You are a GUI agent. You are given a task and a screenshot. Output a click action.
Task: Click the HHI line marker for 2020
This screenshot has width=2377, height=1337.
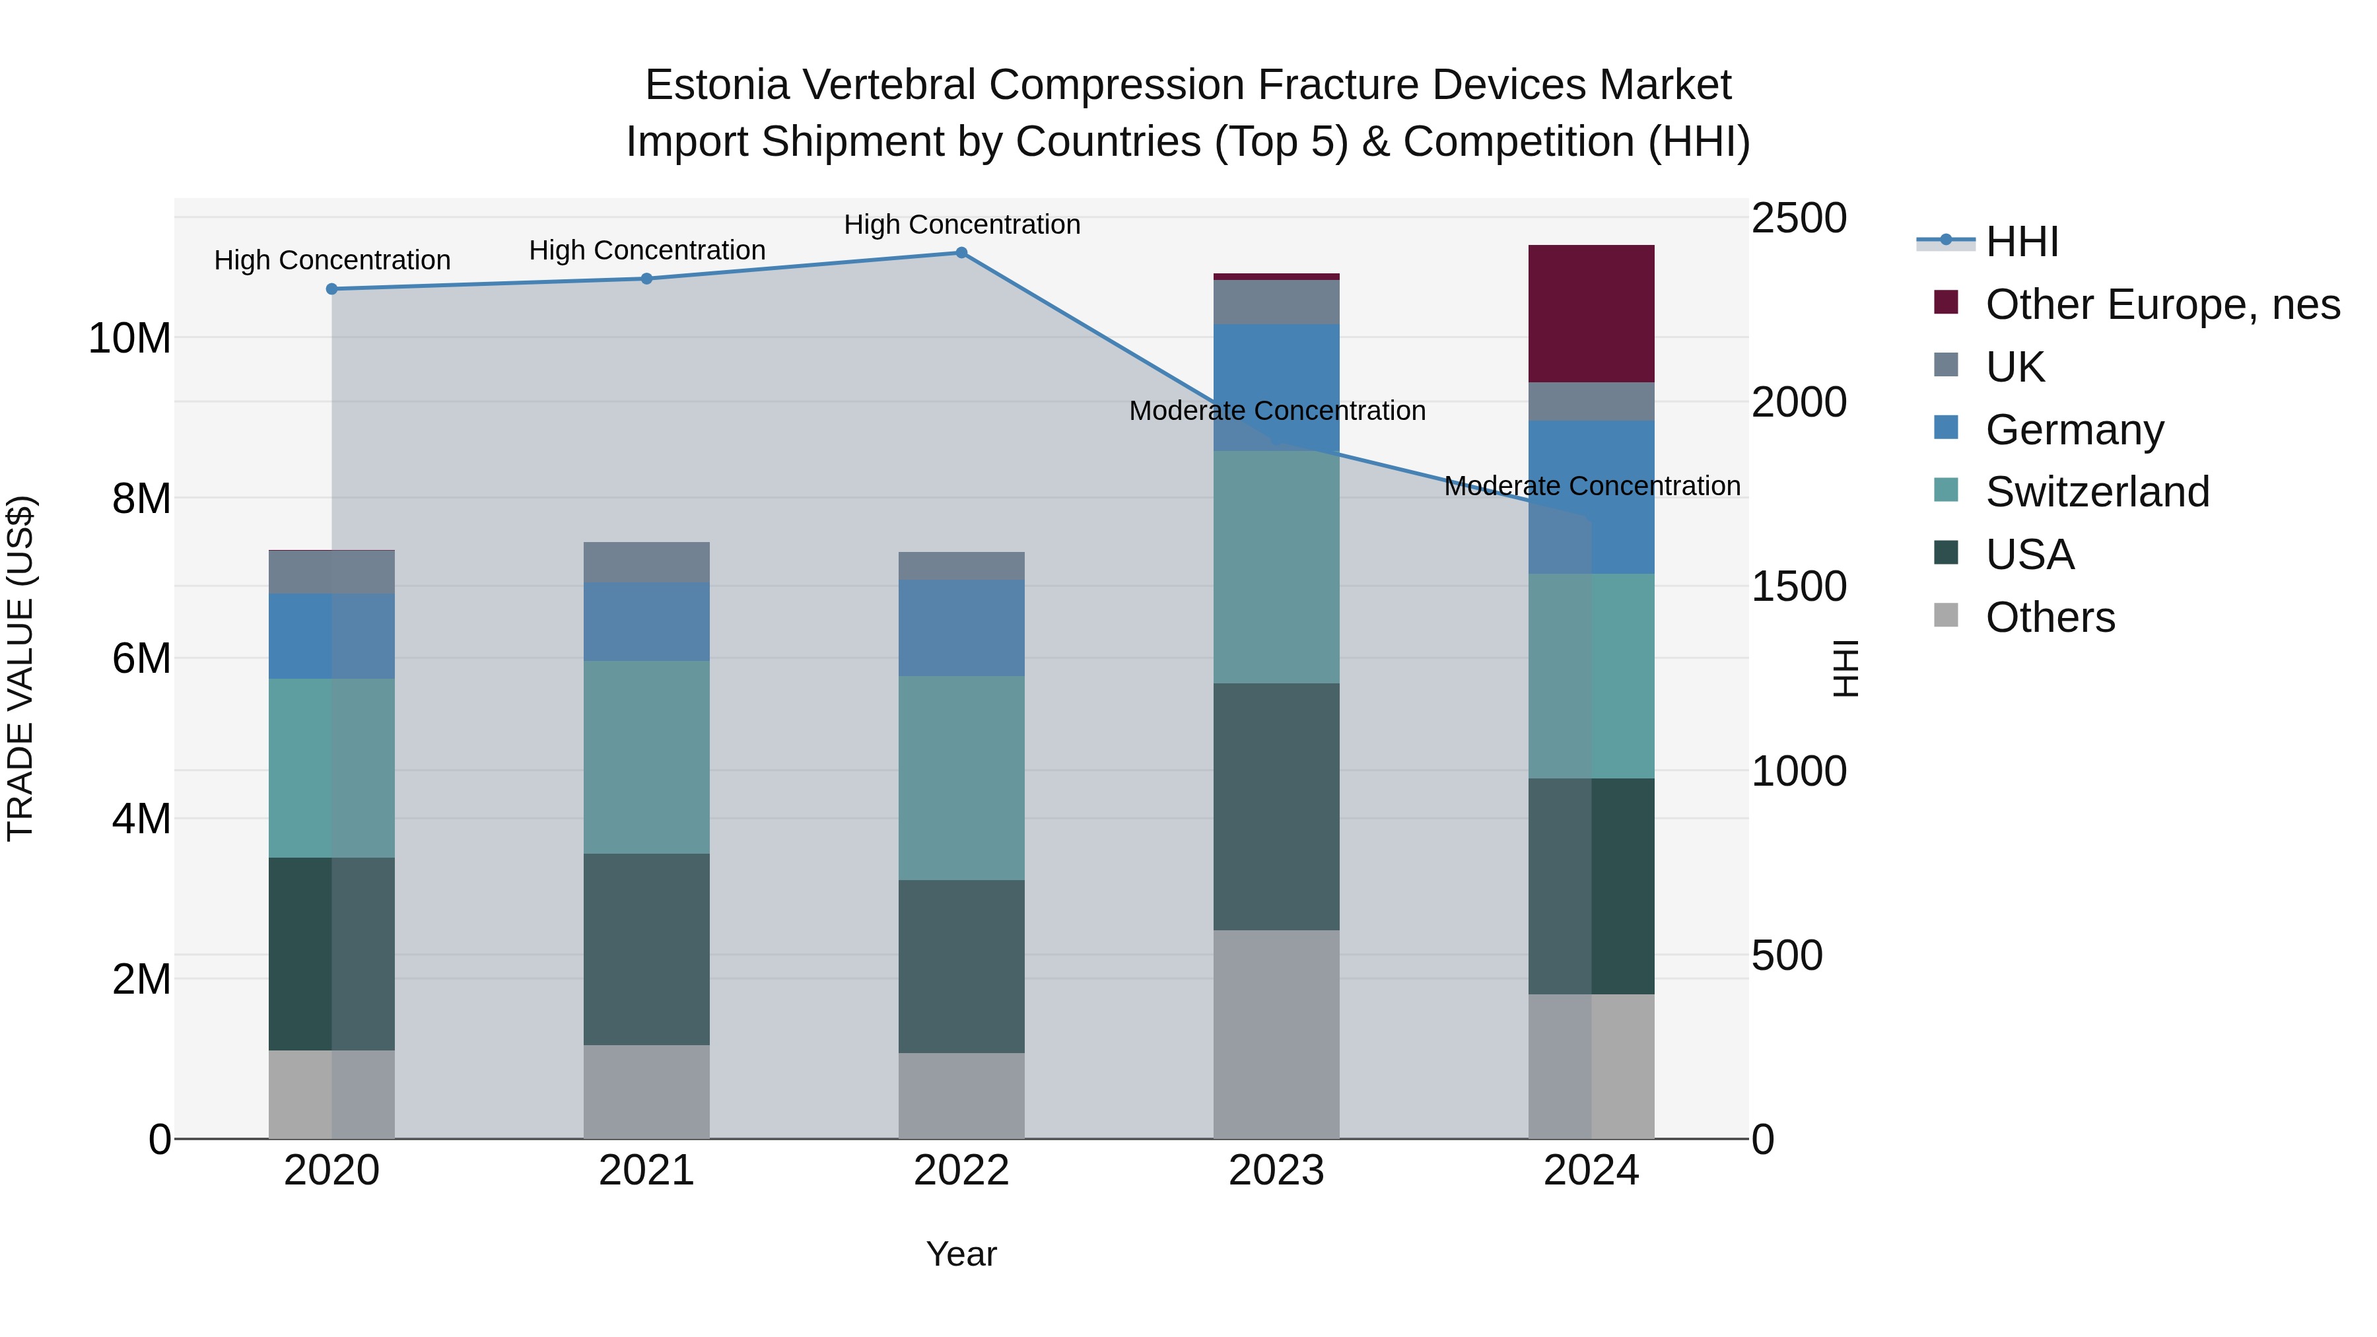click(x=332, y=289)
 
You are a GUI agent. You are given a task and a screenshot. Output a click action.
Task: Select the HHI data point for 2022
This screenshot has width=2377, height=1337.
click(x=961, y=253)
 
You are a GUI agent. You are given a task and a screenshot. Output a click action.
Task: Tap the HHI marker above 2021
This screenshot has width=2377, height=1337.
click(x=647, y=279)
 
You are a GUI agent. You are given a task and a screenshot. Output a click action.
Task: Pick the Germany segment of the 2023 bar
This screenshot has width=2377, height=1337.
click(x=1276, y=388)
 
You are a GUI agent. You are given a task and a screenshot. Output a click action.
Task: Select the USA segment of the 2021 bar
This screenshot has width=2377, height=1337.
click(x=647, y=949)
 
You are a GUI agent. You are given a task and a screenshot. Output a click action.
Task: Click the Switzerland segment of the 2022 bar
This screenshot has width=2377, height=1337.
click(x=961, y=777)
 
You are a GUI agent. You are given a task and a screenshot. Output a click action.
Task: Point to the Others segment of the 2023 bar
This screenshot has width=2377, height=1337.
click(x=1276, y=1033)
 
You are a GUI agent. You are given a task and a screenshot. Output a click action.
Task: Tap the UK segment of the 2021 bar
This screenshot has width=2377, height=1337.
click(x=647, y=562)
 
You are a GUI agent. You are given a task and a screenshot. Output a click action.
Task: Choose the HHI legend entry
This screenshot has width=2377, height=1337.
click(x=2021, y=242)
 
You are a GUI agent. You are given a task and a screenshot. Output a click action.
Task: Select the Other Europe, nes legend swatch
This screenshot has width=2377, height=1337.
click(x=1946, y=302)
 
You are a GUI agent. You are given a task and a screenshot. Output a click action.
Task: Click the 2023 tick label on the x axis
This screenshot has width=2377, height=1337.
click(x=1276, y=1171)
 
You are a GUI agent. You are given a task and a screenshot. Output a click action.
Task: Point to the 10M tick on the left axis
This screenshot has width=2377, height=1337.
click(x=129, y=339)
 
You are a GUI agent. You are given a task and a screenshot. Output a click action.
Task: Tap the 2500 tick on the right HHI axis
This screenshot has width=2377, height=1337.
click(x=1799, y=219)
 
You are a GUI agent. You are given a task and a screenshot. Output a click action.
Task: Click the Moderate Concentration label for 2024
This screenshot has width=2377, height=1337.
click(x=1592, y=485)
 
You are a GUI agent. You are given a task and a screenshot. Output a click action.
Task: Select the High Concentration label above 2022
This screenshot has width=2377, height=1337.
click(x=961, y=224)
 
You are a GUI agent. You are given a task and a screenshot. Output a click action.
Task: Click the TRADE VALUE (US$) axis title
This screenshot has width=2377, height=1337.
click(x=20, y=668)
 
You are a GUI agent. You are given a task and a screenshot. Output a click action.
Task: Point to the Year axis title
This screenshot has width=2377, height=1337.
click(x=961, y=1254)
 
